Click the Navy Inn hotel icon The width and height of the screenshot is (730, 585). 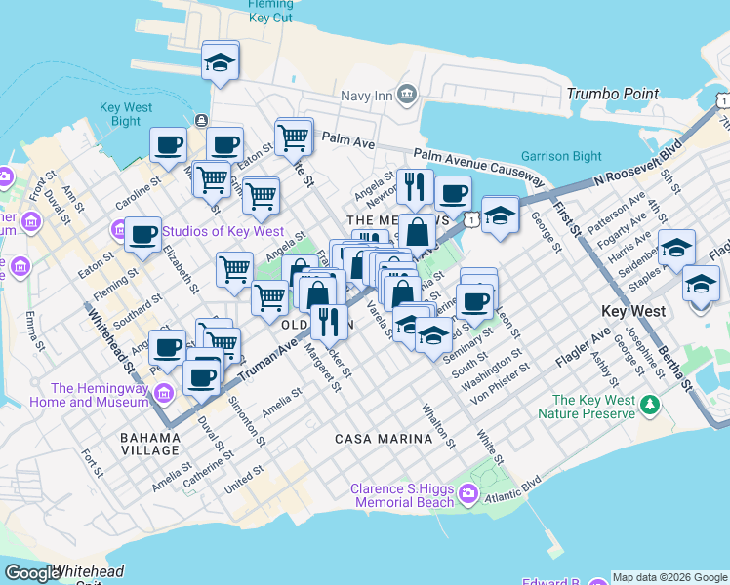click(407, 95)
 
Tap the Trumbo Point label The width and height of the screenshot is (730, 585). click(613, 94)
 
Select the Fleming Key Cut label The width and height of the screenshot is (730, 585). click(270, 11)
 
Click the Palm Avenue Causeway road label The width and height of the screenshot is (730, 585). click(478, 164)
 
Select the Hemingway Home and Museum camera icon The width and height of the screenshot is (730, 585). click(162, 394)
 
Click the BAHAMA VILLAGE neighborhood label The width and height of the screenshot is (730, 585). click(150, 443)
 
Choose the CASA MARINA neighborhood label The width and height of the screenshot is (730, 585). click(384, 439)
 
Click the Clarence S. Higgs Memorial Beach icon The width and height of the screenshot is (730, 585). click(467, 494)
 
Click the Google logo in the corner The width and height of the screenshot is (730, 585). click(31, 573)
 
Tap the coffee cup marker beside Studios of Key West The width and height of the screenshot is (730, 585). click(142, 235)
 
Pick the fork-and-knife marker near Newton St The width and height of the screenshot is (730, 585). click(415, 185)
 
